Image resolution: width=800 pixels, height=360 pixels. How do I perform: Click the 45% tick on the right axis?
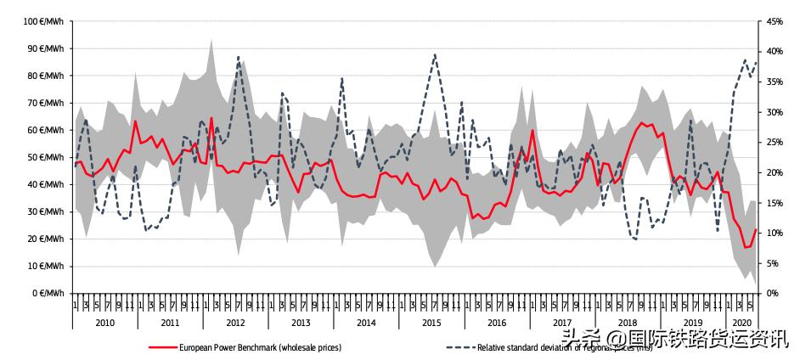pos(775,21)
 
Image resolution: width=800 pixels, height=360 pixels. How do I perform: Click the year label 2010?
pos(104,323)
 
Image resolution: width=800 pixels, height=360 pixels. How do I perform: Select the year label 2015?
pos(431,323)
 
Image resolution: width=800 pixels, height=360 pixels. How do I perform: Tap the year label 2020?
pos(741,323)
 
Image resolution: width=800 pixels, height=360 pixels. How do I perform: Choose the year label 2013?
pos(301,323)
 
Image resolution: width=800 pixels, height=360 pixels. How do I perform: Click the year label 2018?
pos(628,323)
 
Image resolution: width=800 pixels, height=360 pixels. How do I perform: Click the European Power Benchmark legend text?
pos(260,346)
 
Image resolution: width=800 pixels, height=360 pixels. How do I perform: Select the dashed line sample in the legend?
pos(459,346)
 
